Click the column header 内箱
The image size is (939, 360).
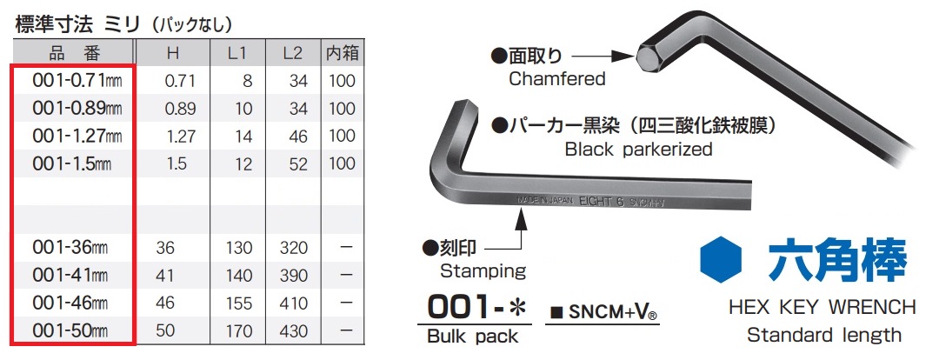342,52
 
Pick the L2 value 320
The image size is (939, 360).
294,248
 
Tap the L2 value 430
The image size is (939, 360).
294,332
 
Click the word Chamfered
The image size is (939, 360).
556,79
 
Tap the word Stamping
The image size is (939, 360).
483,270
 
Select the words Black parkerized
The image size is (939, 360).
638,149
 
